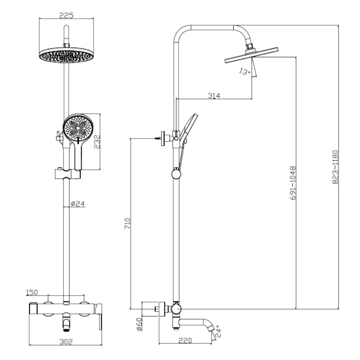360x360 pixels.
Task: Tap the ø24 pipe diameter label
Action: [x=77, y=204]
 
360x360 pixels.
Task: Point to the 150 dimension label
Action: [x=32, y=292]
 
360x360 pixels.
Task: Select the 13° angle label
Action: [x=244, y=72]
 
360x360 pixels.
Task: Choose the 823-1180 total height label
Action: [x=335, y=167]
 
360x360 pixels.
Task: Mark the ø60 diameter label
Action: [x=139, y=324]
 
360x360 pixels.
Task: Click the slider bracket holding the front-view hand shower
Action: [x=67, y=174]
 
